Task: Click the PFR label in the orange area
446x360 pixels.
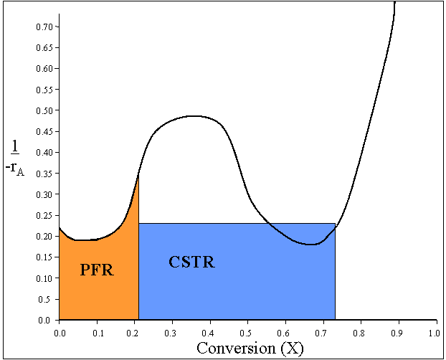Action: pos(98,270)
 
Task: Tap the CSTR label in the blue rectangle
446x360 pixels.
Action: pos(191,262)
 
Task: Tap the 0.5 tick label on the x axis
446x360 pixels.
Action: pos(247,333)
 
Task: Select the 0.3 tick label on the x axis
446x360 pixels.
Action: pos(171,333)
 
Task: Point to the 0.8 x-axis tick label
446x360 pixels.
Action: pos(359,333)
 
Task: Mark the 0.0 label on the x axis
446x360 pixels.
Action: pos(59,333)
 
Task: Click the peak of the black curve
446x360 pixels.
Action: pos(196,115)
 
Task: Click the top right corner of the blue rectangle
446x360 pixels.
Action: pos(335,224)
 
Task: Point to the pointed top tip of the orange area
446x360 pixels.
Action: pos(138,174)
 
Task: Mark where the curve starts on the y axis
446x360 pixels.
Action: pos(59,228)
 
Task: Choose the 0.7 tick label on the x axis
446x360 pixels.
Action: pos(322,333)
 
